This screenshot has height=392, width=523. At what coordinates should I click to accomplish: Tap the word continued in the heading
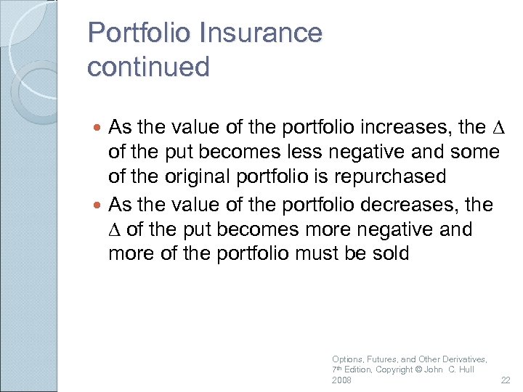[x=148, y=67]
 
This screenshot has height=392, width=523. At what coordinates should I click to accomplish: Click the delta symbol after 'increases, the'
[x=497, y=127]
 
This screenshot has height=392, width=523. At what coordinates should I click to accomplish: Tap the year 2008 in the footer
[x=341, y=381]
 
